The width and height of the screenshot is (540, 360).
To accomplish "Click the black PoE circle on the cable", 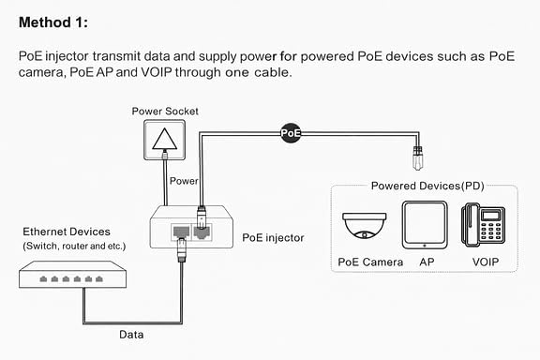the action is click(x=291, y=132).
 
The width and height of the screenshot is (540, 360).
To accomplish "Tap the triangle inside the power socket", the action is click(x=165, y=139).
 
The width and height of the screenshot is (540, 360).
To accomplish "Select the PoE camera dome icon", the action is click(x=365, y=226).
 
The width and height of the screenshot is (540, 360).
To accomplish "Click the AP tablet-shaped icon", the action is click(x=425, y=225).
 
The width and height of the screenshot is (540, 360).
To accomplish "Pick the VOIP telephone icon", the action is click(x=483, y=225).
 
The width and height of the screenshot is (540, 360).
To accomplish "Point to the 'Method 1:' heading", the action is click(x=53, y=22).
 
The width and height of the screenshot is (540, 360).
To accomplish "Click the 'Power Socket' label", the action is click(x=165, y=112).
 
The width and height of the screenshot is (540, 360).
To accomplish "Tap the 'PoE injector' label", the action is click(x=273, y=238).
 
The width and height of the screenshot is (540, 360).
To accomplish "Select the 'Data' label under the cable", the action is click(x=131, y=335).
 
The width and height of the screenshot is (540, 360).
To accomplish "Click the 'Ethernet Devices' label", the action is click(x=67, y=232).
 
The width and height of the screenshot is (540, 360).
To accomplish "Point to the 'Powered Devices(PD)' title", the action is click(x=427, y=186).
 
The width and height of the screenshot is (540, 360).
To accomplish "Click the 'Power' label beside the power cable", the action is click(x=184, y=181).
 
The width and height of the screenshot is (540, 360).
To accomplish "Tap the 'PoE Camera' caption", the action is click(x=370, y=262).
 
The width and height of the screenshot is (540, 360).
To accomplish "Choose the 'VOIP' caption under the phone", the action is click(x=486, y=262).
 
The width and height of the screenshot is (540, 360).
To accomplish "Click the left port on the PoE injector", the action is click(x=181, y=232).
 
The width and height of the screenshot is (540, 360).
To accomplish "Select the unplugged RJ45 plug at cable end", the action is click(x=418, y=158).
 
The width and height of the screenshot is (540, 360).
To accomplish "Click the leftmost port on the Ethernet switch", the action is click(x=43, y=278).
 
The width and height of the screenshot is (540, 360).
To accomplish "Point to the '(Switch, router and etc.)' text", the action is click(x=74, y=247).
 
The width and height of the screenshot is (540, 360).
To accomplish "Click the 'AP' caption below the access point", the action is click(x=427, y=262).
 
